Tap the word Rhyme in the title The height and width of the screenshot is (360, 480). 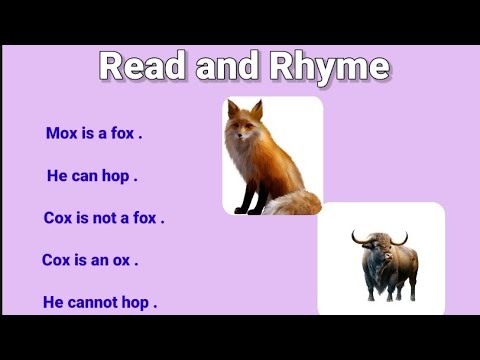coord(330,67)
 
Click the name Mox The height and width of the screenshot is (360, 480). coord(62,133)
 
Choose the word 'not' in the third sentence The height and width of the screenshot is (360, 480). coord(110,218)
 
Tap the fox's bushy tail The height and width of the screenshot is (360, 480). coord(295,202)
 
